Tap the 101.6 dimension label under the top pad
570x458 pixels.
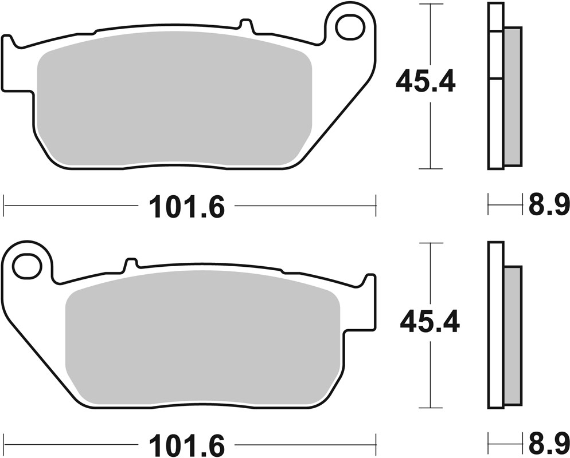tap(187, 207)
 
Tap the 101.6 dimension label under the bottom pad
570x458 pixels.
tap(187, 445)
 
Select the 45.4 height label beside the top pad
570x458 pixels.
tap(425, 82)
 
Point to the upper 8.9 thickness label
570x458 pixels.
tap(548, 205)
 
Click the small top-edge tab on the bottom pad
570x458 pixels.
tap(131, 264)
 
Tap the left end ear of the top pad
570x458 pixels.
tap(8, 63)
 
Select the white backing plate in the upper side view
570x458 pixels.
tap(495, 114)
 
